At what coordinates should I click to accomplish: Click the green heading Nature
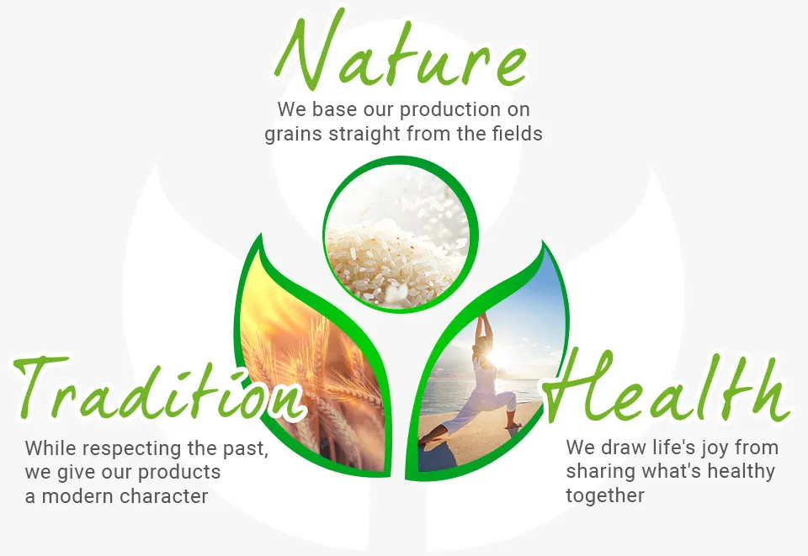pyautogui.click(x=401, y=52)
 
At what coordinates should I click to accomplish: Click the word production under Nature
pyautogui.click(x=449, y=109)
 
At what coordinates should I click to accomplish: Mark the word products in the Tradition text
pyautogui.click(x=178, y=473)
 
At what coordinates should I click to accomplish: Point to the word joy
pyautogui.click(x=714, y=448)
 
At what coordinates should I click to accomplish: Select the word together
pyautogui.click(x=605, y=496)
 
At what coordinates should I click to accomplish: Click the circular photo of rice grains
pyautogui.click(x=398, y=237)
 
